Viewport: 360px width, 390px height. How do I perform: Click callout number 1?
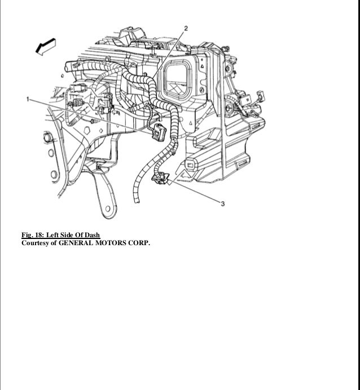click(x=28, y=99)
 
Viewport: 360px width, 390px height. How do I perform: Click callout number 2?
click(x=187, y=28)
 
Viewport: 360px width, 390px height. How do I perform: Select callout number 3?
click(x=223, y=204)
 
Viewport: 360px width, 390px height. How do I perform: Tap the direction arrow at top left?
click(x=46, y=47)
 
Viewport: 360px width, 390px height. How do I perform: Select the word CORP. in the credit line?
click(x=142, y=243)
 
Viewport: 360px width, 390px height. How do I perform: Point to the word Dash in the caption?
click(x=93, y=235)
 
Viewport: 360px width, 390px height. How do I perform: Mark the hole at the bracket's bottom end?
click(x=106, y=211)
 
